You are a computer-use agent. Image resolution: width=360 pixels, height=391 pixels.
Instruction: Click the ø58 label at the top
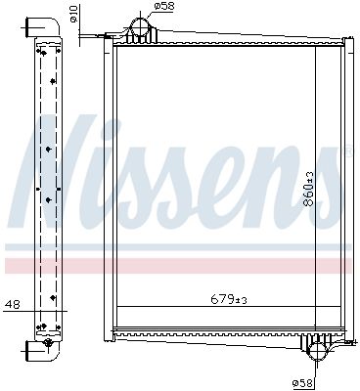pos(167,8)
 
